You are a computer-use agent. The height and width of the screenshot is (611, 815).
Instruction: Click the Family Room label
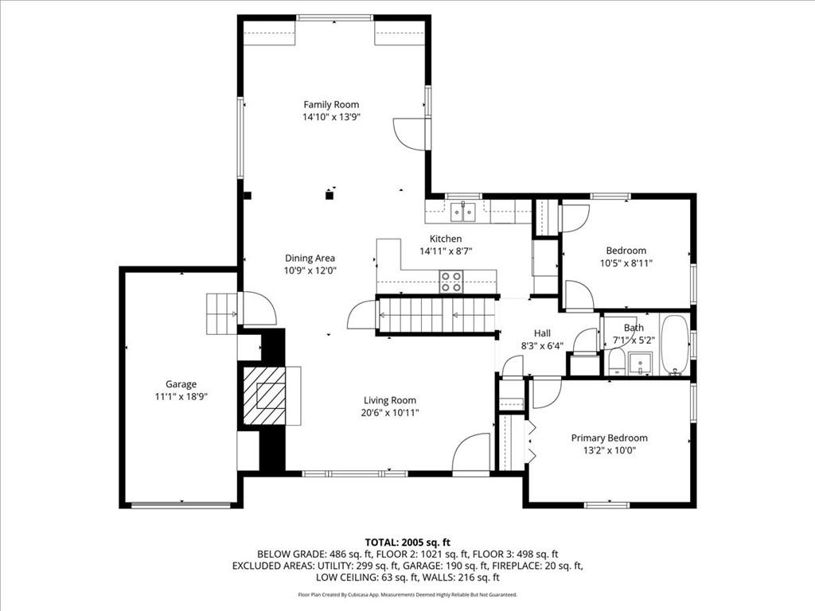point(331,104)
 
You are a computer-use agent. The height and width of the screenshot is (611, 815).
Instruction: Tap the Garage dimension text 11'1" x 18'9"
point(181,397)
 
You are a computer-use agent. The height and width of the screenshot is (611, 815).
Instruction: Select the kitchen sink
point(462,212)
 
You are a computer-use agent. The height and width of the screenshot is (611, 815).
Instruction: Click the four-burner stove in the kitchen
point(451,281)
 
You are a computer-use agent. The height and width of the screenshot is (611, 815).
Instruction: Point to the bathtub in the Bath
point(675,344)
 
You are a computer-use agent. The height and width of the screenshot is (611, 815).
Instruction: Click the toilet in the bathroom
point(617,361)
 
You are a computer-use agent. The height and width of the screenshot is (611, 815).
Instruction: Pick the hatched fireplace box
point(264,395)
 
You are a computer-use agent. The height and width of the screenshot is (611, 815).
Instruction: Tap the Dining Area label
point(310,259)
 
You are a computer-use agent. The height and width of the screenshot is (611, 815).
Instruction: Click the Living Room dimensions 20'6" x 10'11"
point(390,413)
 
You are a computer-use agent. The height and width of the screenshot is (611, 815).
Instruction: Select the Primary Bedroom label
point(609,438)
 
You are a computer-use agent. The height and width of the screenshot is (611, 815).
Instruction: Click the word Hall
point(542,333)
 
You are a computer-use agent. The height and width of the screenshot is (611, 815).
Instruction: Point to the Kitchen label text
point(446,239)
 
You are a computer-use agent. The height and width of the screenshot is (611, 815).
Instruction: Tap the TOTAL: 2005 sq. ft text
point(407,543)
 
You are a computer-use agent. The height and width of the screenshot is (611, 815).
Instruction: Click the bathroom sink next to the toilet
point(639,363)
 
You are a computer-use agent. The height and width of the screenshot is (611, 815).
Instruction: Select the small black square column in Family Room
point(329,196)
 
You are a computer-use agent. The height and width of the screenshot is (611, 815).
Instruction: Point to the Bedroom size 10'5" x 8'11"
point(626,263)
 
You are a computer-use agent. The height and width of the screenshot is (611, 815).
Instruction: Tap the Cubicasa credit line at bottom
point(407,594)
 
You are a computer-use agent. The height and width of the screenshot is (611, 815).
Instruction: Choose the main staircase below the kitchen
point(435,315)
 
